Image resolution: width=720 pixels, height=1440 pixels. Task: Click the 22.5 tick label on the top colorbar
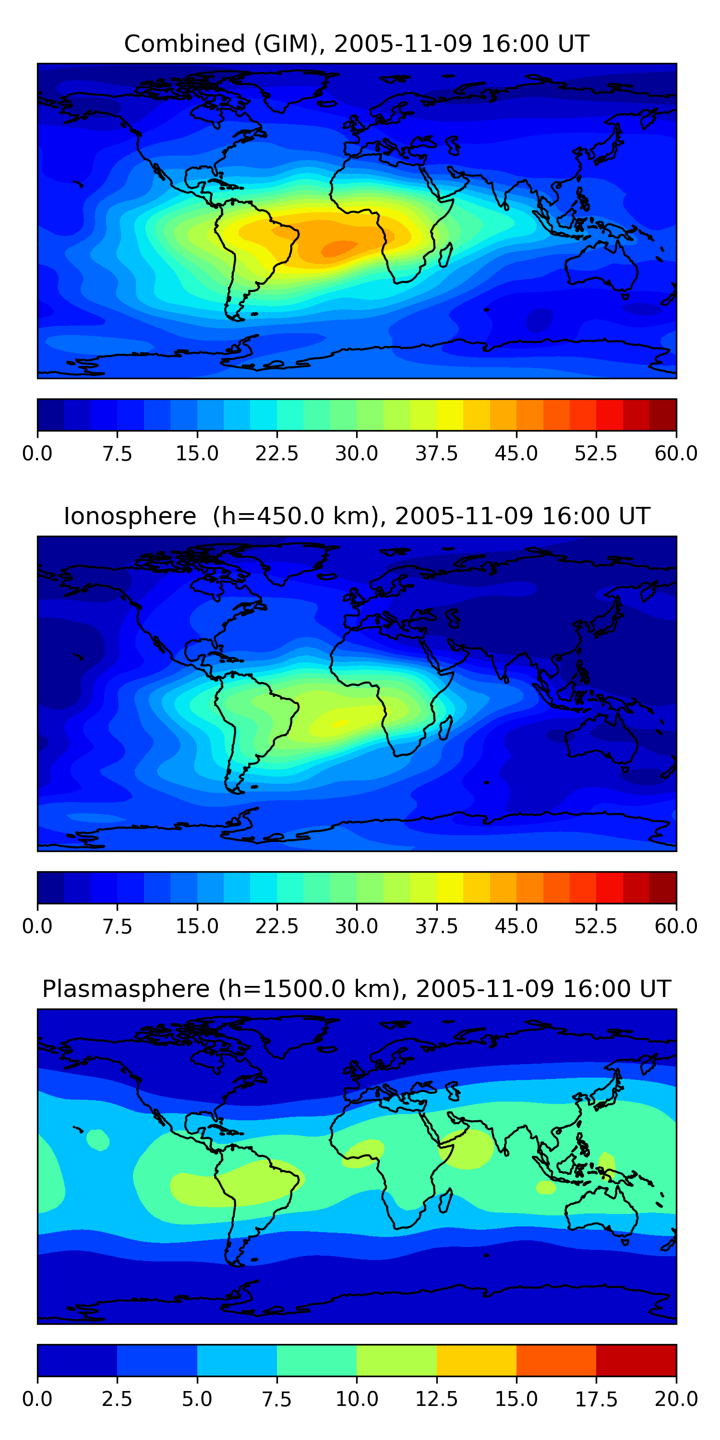276,453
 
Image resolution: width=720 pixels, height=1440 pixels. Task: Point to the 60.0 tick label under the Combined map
676,453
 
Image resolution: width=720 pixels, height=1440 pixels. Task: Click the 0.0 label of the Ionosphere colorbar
37,926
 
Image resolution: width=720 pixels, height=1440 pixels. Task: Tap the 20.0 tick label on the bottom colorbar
676,1399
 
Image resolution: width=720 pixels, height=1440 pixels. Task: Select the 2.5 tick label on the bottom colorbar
117,1399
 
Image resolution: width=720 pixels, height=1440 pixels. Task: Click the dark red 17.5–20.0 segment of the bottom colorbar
636,1360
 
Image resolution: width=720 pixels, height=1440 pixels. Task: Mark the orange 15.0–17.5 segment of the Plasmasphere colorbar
556,1360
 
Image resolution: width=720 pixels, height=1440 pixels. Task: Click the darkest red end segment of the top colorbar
662,415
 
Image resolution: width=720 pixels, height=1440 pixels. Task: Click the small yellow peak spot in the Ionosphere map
339,723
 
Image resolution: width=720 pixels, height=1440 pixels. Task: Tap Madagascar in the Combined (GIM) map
445,255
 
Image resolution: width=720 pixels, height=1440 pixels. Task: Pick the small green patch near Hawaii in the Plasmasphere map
98,1139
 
